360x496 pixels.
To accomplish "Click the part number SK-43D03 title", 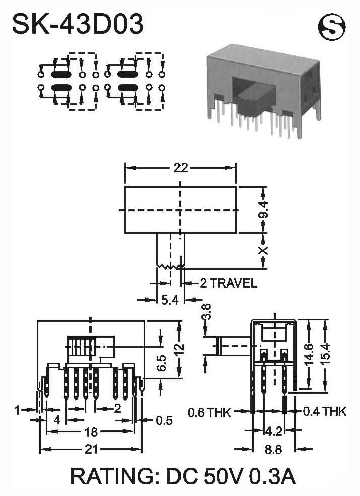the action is point(78,24).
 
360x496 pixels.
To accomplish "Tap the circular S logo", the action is point(332,27).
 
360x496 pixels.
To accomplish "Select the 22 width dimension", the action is point(181,168).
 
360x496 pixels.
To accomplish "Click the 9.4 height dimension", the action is point(263,210).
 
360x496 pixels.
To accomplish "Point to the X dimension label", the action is point(263,251).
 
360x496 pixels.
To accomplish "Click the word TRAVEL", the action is point(233,283).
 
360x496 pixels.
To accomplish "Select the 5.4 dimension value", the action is point(170,300).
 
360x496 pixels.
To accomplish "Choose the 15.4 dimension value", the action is point(325,354).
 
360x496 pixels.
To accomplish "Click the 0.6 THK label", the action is point(209,412).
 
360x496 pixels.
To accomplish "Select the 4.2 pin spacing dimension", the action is point(273,431).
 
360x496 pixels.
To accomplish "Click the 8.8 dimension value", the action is point(273,449).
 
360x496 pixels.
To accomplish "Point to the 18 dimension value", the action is point(91,432).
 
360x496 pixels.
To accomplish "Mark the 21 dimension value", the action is point(91,449).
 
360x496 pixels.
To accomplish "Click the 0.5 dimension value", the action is point(164,421).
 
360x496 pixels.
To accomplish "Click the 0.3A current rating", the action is point(273,477).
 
